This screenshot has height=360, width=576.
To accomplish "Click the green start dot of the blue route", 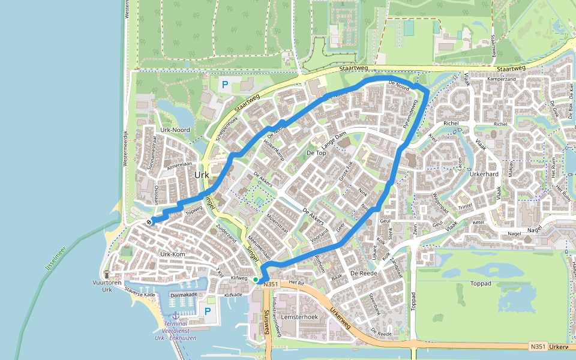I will [256, 280].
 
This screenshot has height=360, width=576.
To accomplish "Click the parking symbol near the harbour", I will [208, 311].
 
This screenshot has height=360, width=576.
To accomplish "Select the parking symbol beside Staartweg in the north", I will [225, 85].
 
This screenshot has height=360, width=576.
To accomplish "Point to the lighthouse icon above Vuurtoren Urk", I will [107, 273].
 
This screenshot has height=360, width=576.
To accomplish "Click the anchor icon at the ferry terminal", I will [175, 315].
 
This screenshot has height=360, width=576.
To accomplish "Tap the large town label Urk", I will [202, 175].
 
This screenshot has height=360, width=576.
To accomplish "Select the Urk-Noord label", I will [175, 130].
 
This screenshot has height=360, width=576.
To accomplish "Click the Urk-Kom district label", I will [173, 254].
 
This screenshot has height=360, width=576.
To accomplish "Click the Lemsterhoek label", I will [298, 316].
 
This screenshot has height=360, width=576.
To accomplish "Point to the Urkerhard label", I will [485, 174].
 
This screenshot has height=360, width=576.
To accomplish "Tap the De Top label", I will [316, 153].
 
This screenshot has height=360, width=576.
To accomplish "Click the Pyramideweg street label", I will [410, 114].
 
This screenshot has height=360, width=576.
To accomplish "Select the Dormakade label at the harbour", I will [184, 295].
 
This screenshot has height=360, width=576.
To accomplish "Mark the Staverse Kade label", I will [140, 295].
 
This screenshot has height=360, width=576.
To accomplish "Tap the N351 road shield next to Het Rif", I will [271, 284].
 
